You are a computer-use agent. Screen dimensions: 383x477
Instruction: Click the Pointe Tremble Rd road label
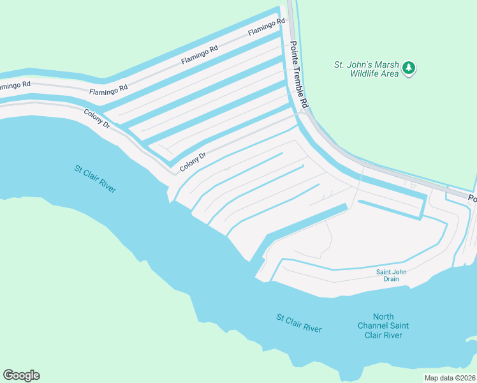pos(299,75)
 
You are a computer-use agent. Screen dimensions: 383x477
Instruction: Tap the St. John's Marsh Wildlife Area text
pos(366,68)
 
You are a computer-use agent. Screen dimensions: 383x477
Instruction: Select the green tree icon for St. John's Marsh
pos(409,68)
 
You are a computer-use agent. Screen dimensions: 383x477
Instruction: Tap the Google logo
pos(21,375)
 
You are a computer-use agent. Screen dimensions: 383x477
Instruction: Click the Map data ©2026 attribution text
pos(450,378)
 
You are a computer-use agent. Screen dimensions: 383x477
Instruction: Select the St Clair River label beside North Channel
pos(299,322)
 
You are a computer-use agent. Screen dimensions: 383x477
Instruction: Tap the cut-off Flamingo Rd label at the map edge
pos(15,85)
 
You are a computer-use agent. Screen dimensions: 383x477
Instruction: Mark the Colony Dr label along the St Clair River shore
pos(98,119)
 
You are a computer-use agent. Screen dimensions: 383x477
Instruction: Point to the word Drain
pos(391,279)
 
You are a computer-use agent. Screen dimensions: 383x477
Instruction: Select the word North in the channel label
pos(383,317)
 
